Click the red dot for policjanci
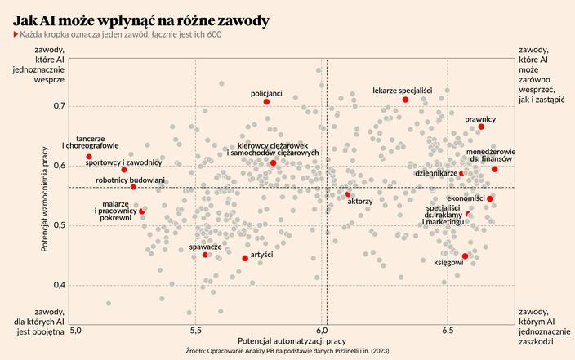(266, 102)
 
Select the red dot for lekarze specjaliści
(405, 100)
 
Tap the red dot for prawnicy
(481, 127)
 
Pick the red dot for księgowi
(465, 256)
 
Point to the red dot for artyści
(245, 259)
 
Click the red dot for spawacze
(205, 255)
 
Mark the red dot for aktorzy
(348, 194)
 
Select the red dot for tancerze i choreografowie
(89, 157)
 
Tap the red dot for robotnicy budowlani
(133, 187)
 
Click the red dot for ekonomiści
(490, 198)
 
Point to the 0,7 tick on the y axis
(60, 106)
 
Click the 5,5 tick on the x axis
(195, 331)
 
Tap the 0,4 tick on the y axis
(60, 285)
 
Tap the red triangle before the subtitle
(16, 34)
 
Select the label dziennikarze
(435, 173)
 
